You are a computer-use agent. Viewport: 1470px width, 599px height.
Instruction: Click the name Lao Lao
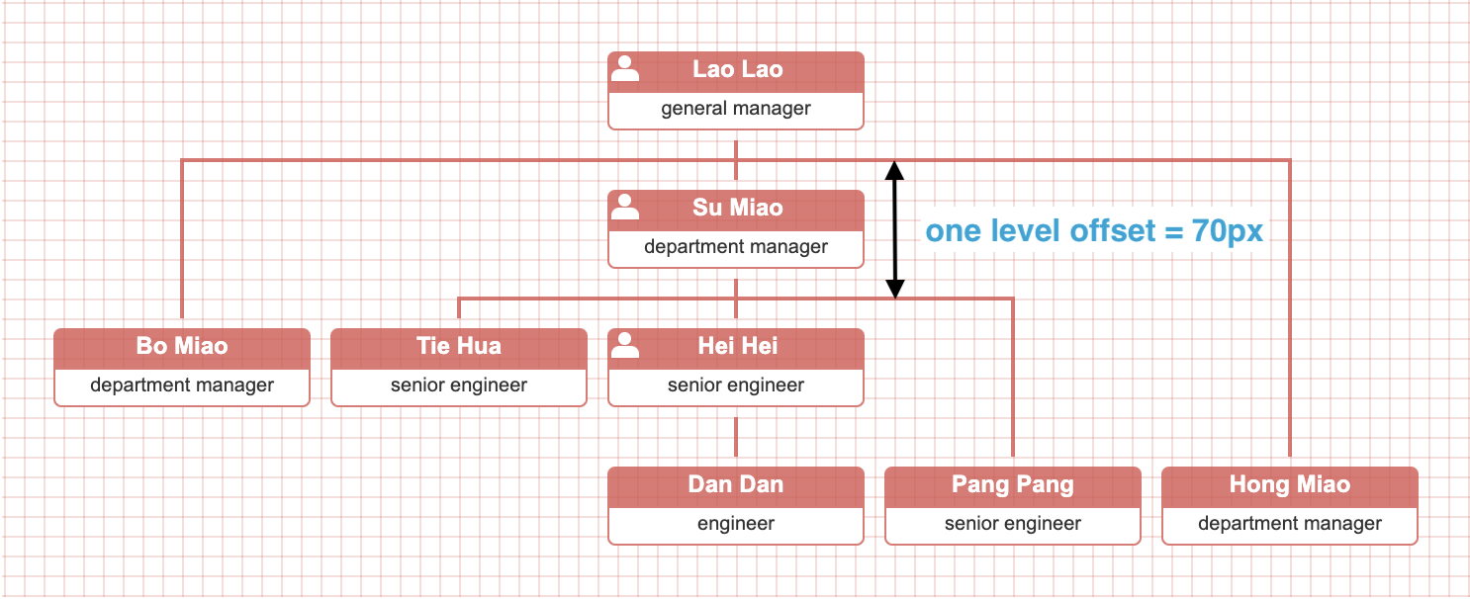click(x=737, y=70)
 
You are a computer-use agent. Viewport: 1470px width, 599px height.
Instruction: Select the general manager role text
click(x=736, y=109)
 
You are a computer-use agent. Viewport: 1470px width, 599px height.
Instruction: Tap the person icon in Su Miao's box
click(x=625, y=207)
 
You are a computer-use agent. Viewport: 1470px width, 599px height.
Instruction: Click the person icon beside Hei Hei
click(x=625, y=345)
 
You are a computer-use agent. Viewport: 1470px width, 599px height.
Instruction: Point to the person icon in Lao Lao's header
click(x=625, y=68)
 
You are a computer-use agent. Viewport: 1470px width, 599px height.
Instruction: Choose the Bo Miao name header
click(x=182, y=347)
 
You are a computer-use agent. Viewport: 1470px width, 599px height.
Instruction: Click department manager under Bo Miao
click(x=182, y=385)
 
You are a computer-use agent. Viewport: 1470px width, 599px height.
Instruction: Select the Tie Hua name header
click(x=459, y=347)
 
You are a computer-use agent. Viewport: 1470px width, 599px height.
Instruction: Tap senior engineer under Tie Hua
click(x=459, y=385)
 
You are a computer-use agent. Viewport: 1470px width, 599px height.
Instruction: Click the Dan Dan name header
click(x=736, y=485)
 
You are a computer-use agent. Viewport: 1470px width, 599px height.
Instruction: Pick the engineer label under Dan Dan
click(x=736, y=524)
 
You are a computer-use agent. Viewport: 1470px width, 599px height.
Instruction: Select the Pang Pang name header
click(x=1013, y=485)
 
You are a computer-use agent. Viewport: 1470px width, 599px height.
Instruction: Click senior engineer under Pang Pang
click(x=1013, y=524)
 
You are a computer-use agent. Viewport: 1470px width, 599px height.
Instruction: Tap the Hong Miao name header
click(x=1290, y=485)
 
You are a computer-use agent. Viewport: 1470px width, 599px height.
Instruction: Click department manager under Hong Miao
click(x=1290, y=524)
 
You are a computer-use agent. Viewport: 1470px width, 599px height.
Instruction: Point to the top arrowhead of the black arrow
click(x=894, y=170)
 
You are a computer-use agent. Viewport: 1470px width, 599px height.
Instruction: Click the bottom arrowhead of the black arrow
click(x=894, y=288)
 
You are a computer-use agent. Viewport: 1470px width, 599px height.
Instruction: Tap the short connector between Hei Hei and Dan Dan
click(x=736, y=436)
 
